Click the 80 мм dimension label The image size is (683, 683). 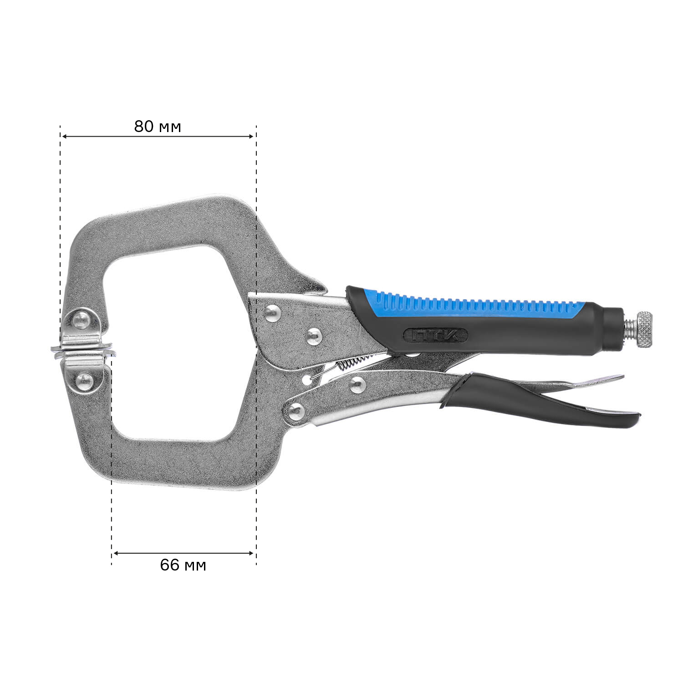158,127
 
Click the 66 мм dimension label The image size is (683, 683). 183,565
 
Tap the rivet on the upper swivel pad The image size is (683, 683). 82,319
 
